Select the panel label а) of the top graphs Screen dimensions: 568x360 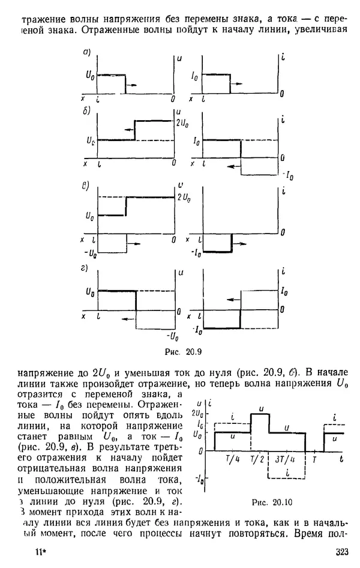point(86,53)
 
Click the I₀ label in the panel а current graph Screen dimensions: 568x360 point(195,76)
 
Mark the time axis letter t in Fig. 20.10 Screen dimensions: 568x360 point(341,459)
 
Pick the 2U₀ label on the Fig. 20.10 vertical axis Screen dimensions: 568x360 point(200,413)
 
